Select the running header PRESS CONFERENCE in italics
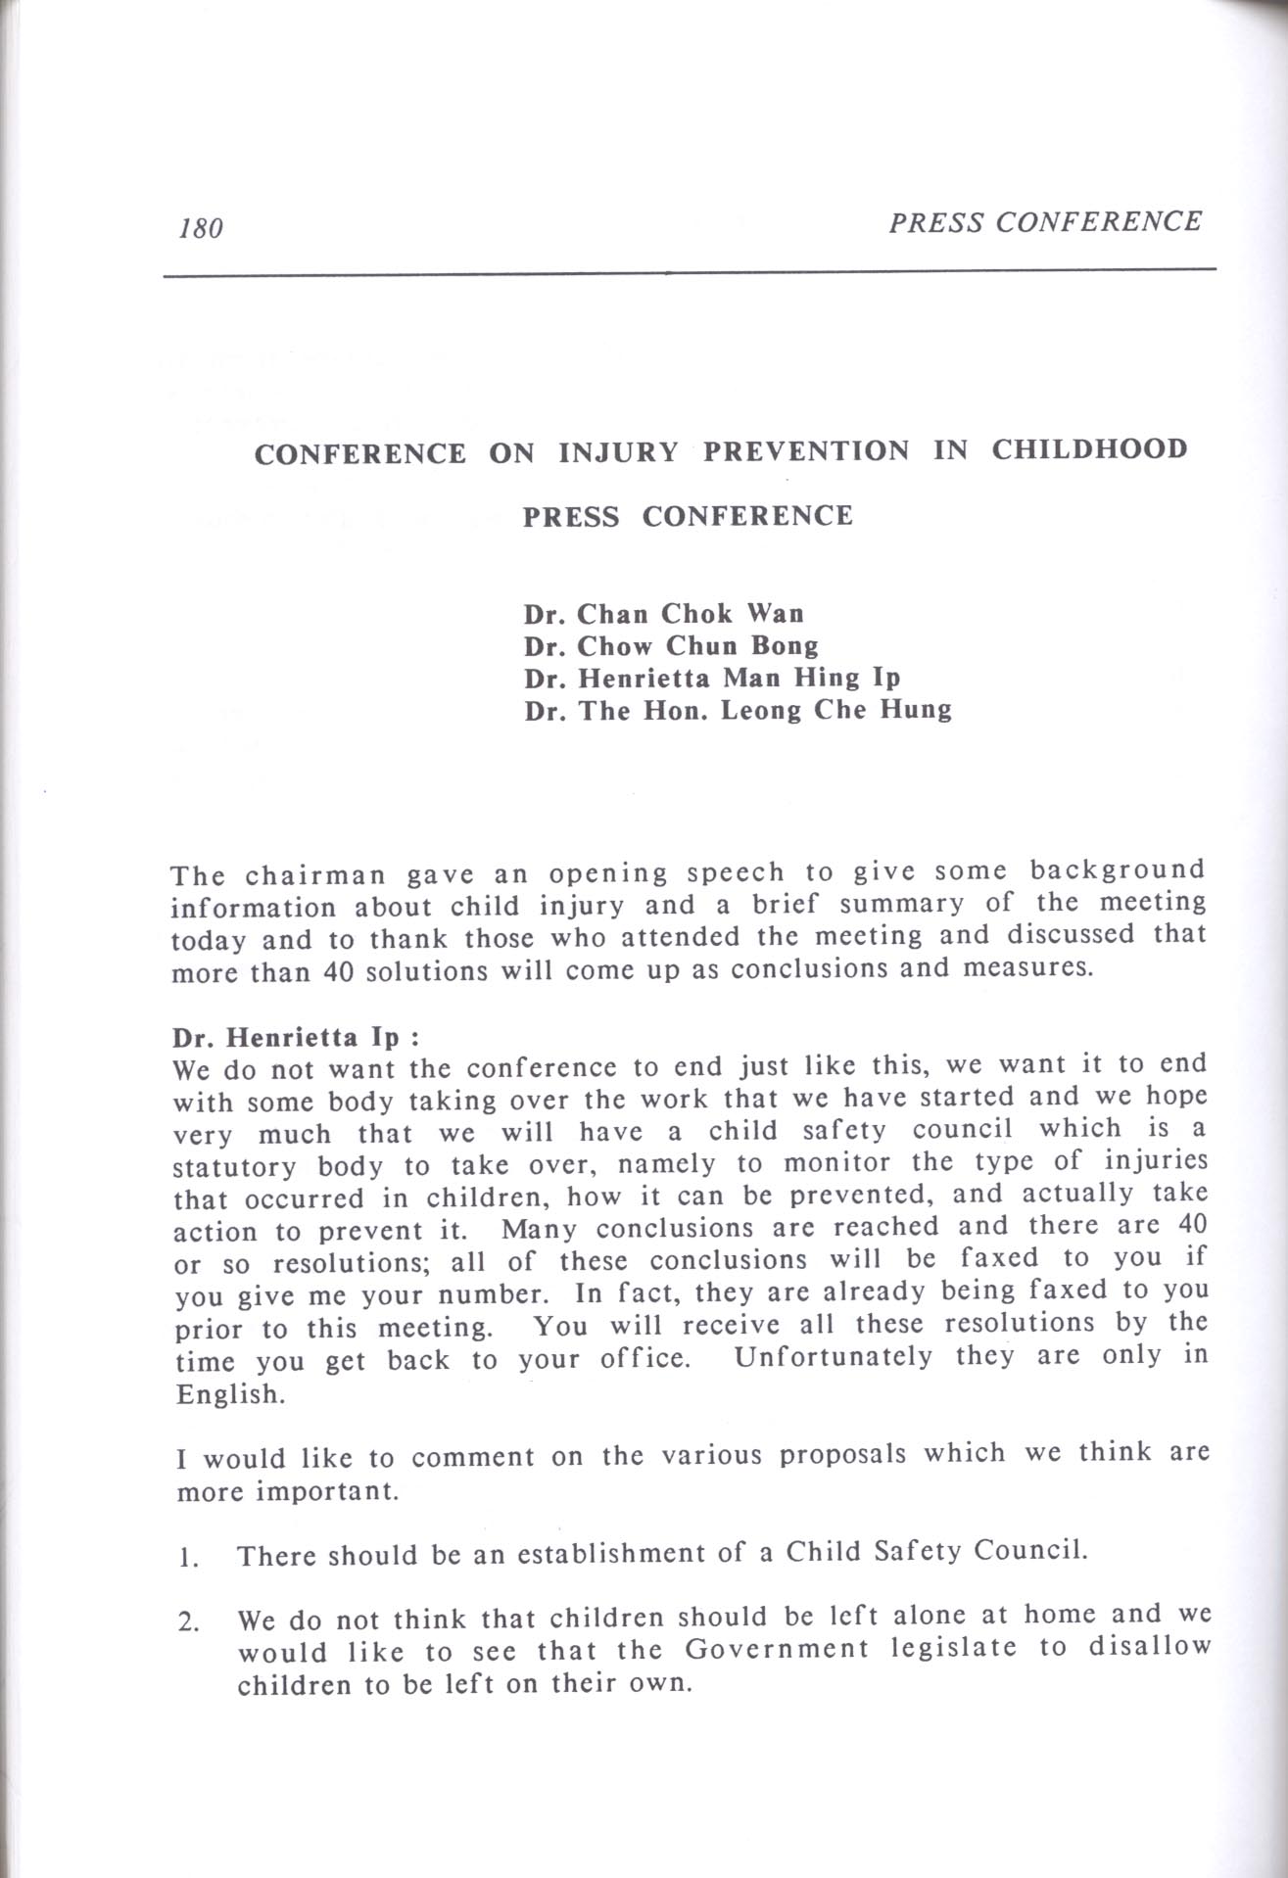(1044, 222)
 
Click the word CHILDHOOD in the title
(1089, 449)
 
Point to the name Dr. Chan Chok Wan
(663, 614)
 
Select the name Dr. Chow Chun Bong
(671, 646)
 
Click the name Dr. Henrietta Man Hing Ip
(711, 678)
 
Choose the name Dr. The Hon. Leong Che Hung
(738, 710)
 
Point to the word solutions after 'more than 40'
(418, 973)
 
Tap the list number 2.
(185, 1622)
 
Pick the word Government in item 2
(776, 1649)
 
